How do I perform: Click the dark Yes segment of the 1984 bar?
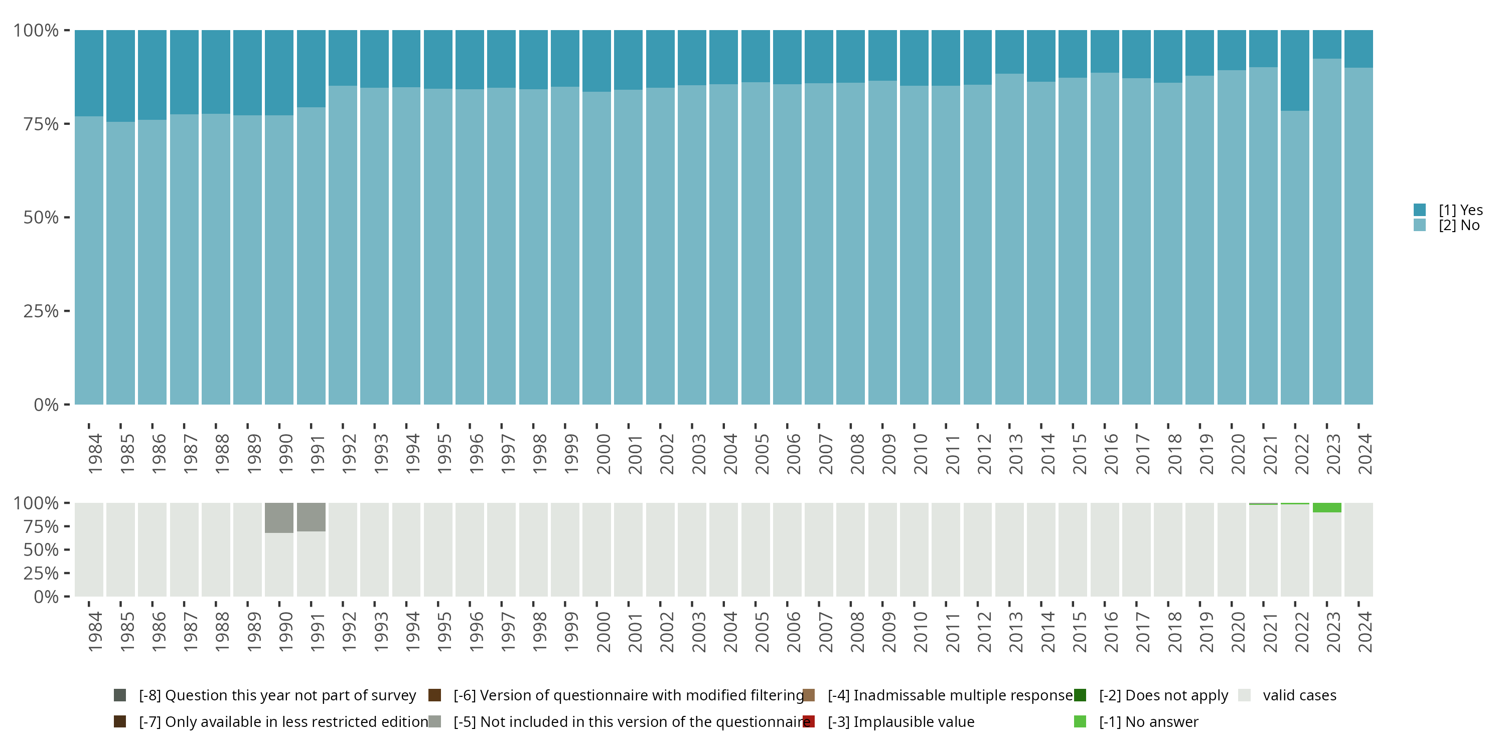[89, 73]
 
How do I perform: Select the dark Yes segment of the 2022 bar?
[1295, 70]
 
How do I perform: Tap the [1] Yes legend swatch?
[1420, 210]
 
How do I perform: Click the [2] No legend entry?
[1458, 226]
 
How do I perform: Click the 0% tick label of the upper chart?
[46, 405]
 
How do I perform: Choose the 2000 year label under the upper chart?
[603, 454]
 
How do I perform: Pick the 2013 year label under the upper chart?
[1015, 454]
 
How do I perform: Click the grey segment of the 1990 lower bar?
[279, 517]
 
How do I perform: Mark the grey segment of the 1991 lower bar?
[311, 517]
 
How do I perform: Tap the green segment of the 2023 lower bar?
[1327, 507]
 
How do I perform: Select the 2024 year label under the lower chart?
[1365, 632]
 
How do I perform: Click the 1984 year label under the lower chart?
[95, 632]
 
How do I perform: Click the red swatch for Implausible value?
[809, 721]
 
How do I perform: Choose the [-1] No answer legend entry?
[1147, 721]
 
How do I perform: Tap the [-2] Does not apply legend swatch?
[1080, 695]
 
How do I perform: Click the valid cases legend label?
[1299, 695]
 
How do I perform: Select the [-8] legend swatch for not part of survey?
[120, 695]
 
